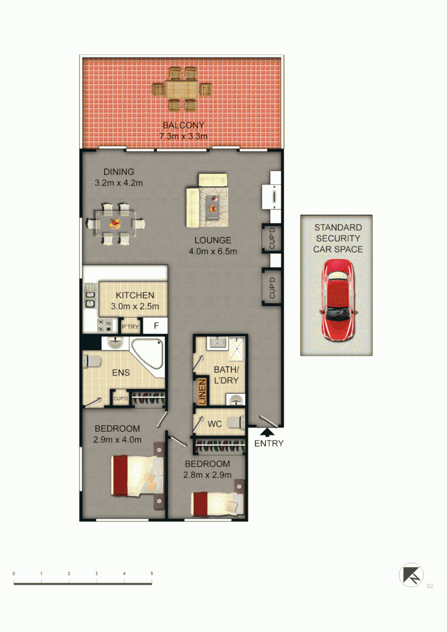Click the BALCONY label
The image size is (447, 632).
coord(183,125)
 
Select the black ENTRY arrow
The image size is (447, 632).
coord(266,432)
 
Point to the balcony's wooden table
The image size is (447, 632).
coord(182,90)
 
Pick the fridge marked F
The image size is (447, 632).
coord(156,327)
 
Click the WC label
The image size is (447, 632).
coord(215,424)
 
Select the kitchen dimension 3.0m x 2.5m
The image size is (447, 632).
coord(135,306)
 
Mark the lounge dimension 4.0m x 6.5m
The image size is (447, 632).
coord(213,252)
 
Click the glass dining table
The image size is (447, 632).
coord(115,223)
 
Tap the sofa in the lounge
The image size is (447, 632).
coord(193,207)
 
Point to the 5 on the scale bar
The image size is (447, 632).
coord(152,573)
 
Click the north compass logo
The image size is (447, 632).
coord(411,575)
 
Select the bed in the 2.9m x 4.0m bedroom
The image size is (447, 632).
coord(136,475)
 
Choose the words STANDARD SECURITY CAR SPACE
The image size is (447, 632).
coord(338,238)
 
